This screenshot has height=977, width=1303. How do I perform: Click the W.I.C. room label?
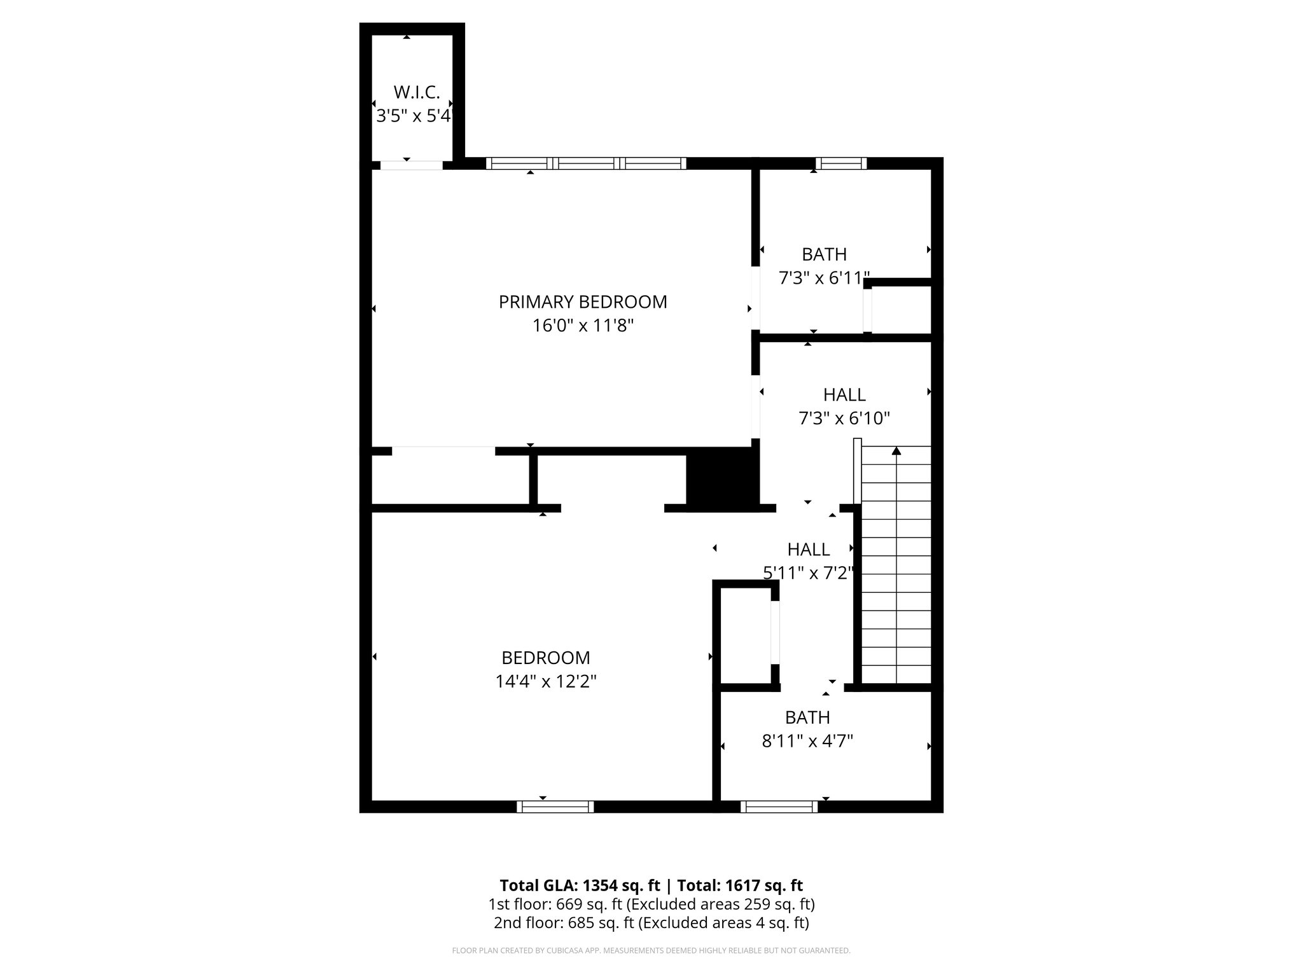417,93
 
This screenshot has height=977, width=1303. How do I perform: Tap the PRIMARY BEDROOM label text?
583,302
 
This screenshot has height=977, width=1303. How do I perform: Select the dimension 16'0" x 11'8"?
583,326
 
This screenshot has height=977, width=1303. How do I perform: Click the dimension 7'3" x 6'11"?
824,279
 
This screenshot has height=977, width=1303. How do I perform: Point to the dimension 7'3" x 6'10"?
844,419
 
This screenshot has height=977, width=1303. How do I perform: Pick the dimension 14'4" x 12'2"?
546,682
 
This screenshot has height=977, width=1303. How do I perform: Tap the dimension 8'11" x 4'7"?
807,742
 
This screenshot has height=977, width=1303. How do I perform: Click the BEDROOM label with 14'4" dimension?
546,658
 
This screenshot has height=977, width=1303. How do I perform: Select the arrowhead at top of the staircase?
896,451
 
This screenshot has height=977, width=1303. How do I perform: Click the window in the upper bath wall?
841,163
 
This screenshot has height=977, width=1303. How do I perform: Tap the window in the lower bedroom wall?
555,807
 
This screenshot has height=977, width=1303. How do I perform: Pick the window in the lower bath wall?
779,807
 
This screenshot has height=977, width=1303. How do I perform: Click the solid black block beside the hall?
722,477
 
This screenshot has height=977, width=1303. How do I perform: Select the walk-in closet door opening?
411,165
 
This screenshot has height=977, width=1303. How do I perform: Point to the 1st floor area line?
651,904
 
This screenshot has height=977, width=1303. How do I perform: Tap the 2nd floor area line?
651,922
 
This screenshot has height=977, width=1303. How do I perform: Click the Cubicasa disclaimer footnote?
651,951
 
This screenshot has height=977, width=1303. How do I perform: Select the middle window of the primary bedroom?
586,163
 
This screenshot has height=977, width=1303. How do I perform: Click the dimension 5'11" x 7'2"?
808,573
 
